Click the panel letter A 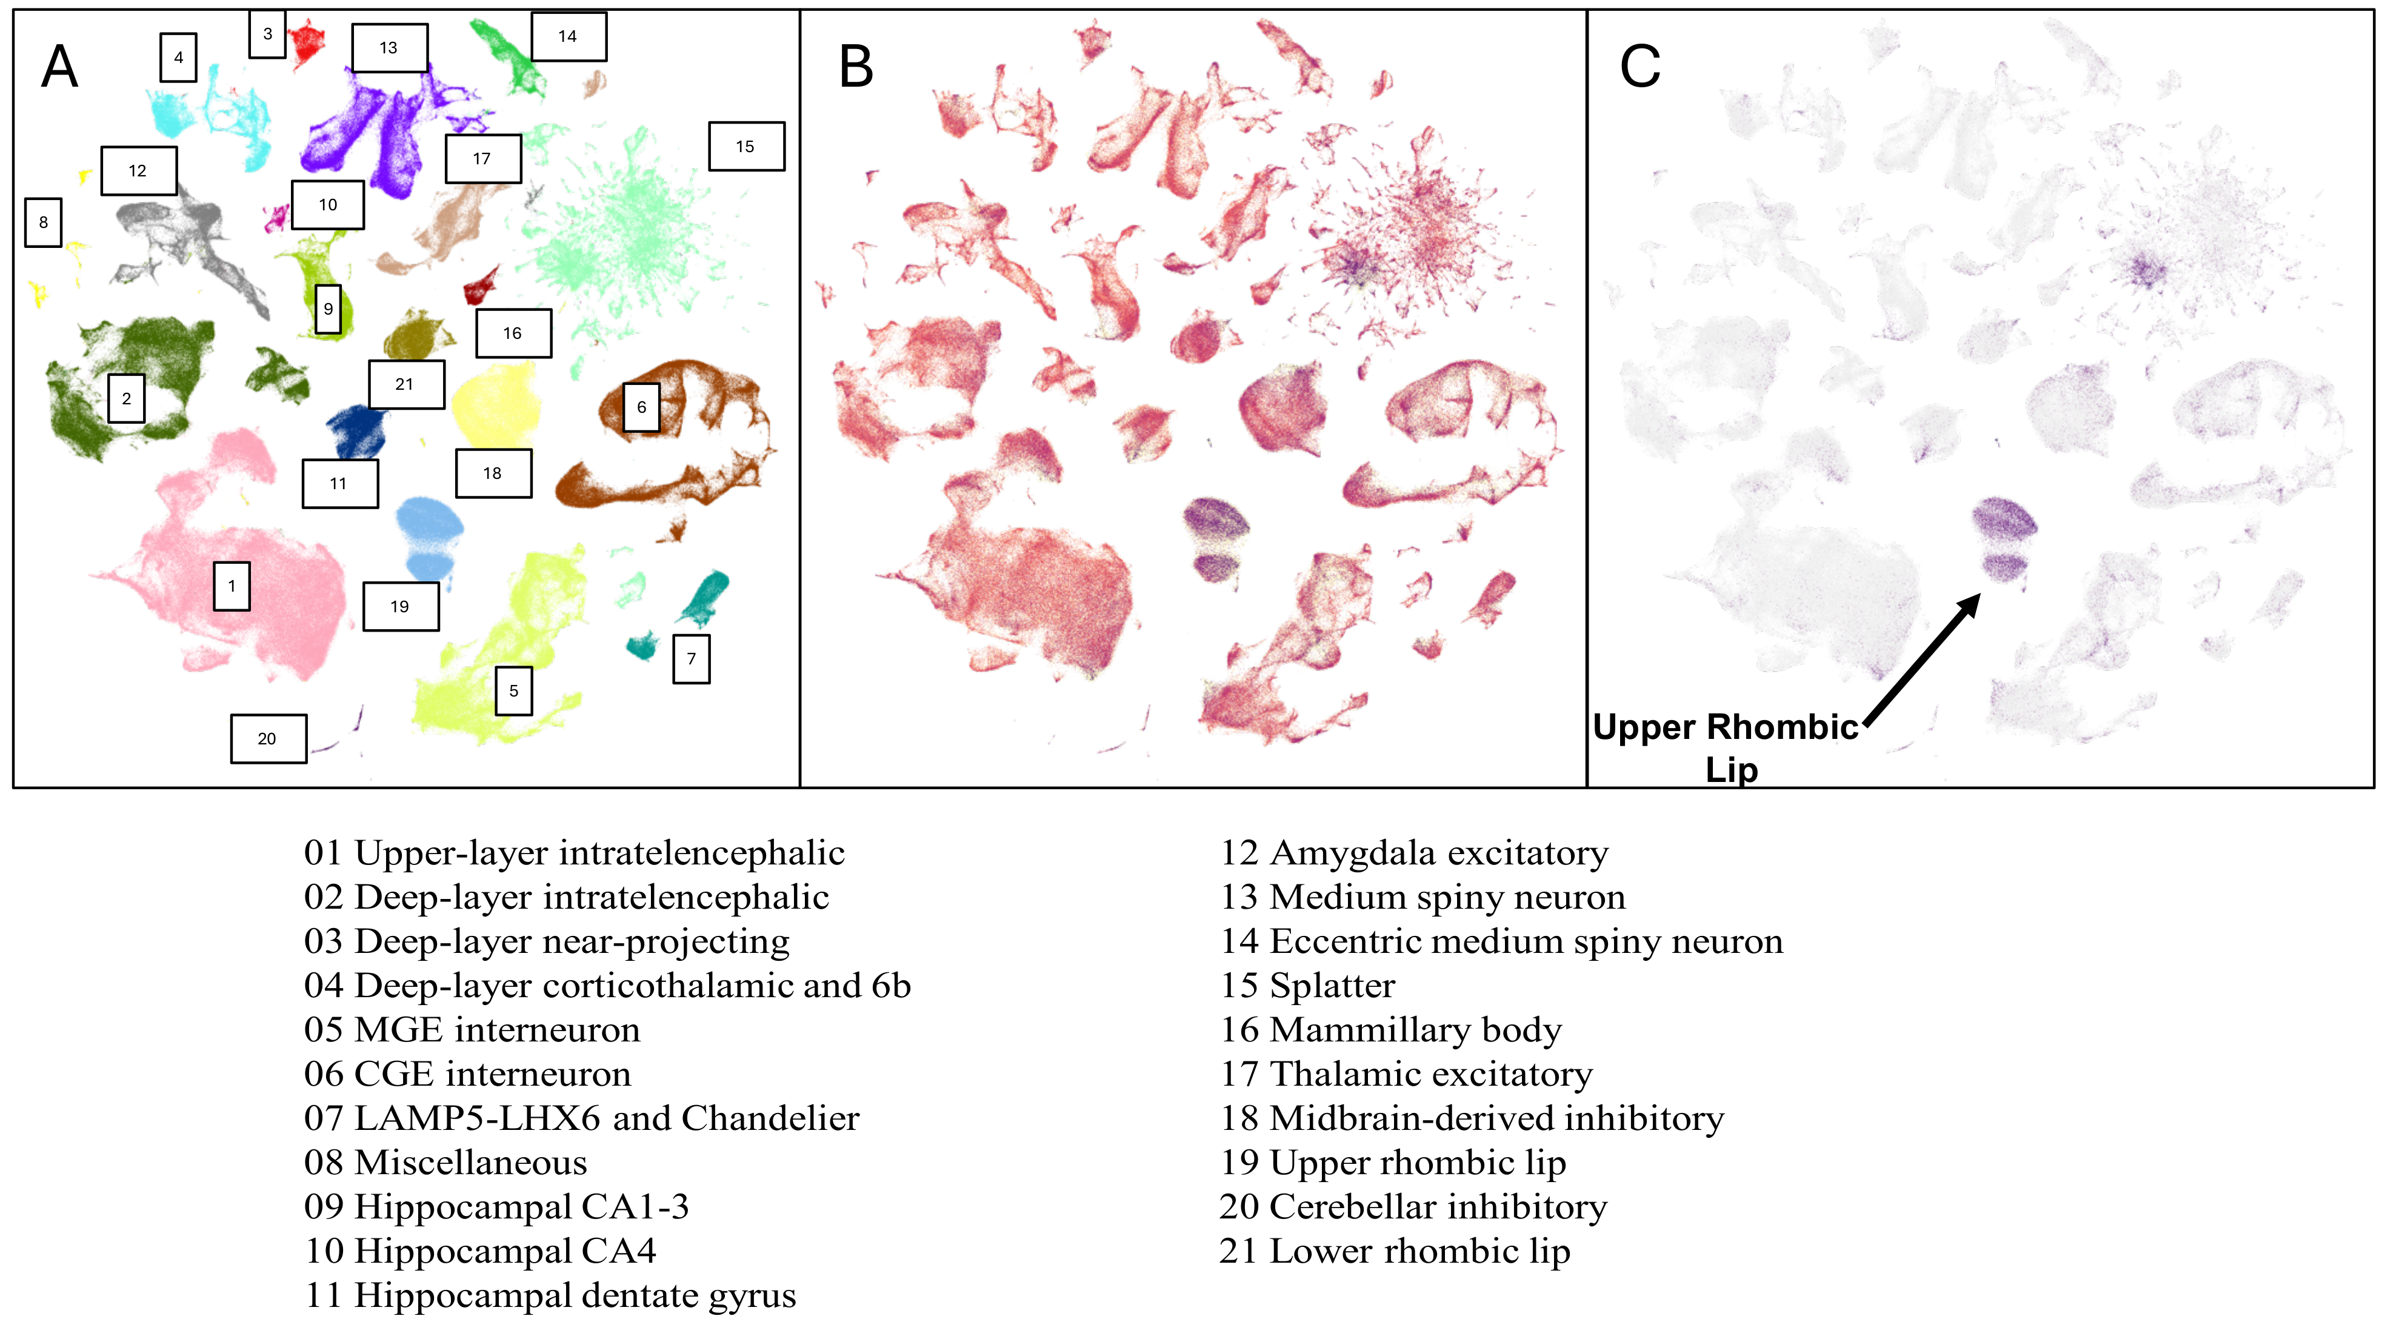pos(60,67)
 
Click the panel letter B pos(856,67)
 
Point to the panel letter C pos(1639,67)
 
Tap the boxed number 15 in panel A pos(746,146)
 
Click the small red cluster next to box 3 pos(305,42)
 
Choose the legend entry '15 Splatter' pos(1307,986)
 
